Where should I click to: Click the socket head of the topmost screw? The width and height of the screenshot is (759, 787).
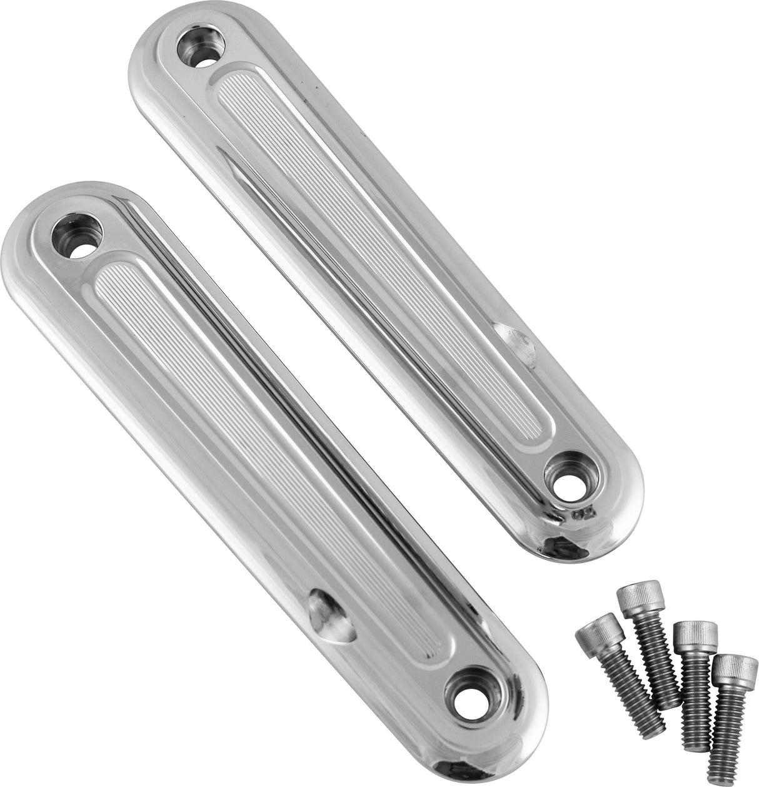coord(635,591)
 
